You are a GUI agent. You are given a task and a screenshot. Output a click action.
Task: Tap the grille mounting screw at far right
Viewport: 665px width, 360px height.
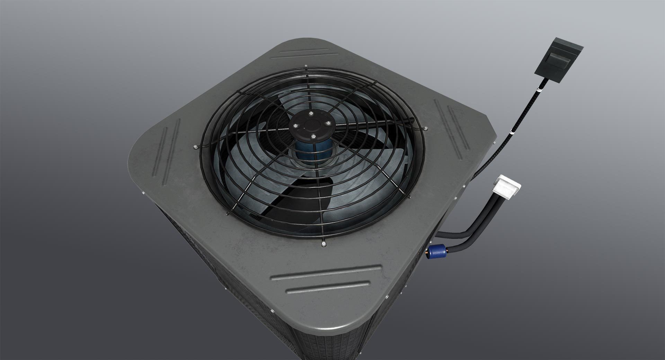point(426,129)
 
